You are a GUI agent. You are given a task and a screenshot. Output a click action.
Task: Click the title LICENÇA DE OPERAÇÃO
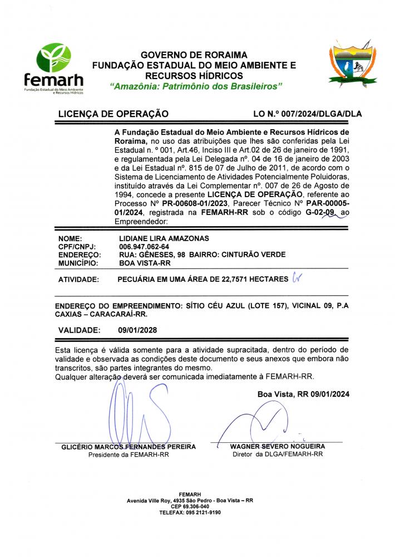tap(113, 114)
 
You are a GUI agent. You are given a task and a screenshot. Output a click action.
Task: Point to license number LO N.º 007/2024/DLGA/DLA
tap(307, 114)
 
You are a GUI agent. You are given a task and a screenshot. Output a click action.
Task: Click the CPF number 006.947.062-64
tap(145, 247)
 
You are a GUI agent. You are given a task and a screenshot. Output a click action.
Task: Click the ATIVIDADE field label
tap(78, 279)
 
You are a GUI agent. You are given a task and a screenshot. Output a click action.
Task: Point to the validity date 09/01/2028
tap(137, 330)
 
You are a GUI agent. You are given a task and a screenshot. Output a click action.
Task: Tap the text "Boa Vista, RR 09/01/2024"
tap(303, 394)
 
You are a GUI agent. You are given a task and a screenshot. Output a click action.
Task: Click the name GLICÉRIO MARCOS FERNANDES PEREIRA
tap(128, 447)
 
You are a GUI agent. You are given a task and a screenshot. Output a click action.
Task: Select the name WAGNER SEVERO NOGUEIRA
tap(278, 447)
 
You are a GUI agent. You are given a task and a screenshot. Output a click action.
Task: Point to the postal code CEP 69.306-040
tap(190, 506)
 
